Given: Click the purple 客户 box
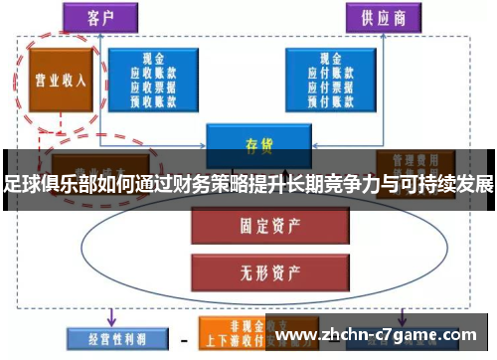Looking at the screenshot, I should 110,18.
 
